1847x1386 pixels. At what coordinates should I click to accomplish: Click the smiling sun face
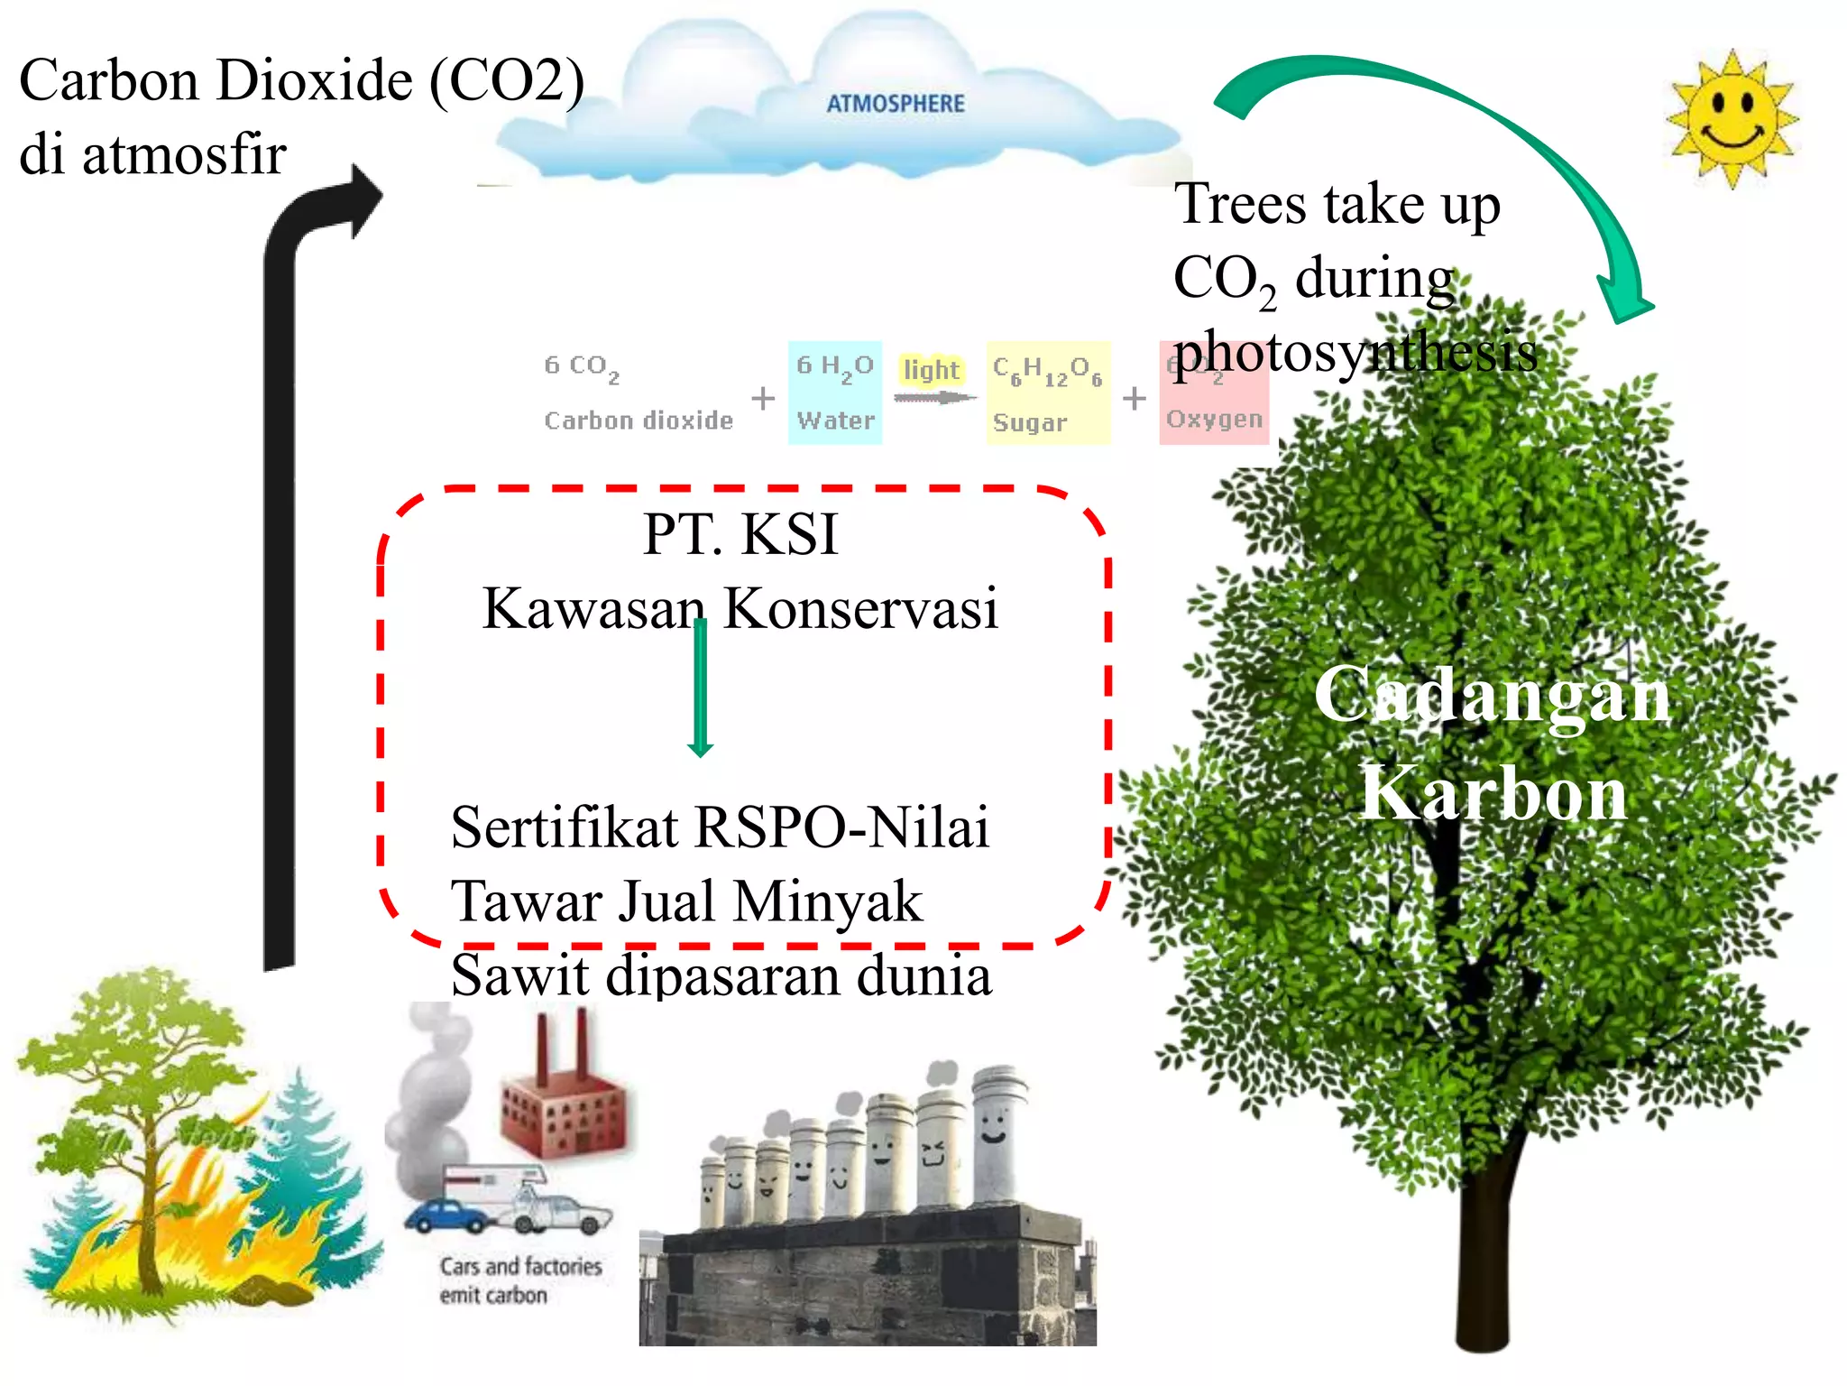pos(1732,119)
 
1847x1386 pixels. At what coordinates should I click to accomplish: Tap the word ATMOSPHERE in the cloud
pos(895,104)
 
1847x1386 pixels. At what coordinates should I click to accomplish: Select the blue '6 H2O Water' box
pos(834,393)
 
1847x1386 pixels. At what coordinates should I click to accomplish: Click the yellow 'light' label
pos(931,370)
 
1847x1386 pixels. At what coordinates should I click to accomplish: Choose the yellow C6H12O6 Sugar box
pos(1047,393)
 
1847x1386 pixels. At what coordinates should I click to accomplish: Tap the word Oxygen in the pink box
pos(1213,420)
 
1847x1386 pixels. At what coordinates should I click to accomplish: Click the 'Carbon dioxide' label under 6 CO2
pos(638,420)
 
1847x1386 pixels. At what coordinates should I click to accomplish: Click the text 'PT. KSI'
pos(740,534)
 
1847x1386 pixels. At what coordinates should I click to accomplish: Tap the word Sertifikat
pos(565,827)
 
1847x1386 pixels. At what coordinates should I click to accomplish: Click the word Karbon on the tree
pos(1493,792)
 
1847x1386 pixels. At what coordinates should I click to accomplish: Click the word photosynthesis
pos(1355,352)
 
